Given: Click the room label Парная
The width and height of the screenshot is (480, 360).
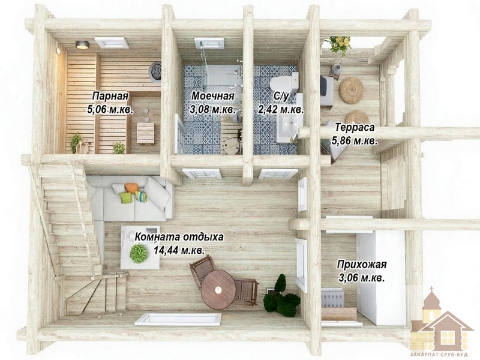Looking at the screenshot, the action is pos(110,96).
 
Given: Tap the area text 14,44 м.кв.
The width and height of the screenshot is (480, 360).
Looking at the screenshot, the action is pos(179,250).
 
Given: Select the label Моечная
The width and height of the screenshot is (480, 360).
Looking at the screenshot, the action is pos(213,96).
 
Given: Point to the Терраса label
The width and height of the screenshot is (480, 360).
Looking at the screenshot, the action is pos(355,127).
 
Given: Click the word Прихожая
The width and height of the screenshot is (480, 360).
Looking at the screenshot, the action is pos(362,265).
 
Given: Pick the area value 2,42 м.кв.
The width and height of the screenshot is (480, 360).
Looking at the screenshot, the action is pos(281,110).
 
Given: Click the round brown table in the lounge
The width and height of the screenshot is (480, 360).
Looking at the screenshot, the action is pos(218,289).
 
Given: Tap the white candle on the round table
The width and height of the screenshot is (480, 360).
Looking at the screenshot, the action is pos(218,289).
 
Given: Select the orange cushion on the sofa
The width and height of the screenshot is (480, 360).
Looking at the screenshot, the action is pos(132,188).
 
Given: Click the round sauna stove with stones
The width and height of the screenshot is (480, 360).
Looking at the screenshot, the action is pos(155,71).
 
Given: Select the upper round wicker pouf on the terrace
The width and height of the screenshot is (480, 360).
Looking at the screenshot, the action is pos(352,91).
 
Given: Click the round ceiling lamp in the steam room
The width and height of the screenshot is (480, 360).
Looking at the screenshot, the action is pos(82,44).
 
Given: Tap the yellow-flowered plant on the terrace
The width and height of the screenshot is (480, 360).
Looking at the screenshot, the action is pos(340,43).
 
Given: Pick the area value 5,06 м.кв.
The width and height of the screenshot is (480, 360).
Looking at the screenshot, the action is pos(110,110).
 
